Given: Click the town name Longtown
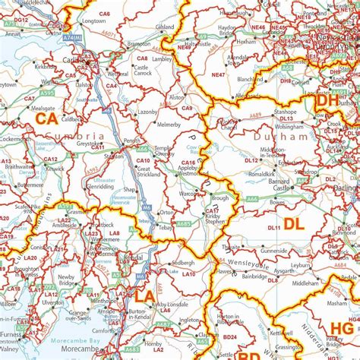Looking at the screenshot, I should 93,21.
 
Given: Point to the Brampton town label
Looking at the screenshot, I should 138,45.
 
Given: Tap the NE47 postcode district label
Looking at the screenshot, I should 218,74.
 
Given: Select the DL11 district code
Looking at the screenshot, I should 274,227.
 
